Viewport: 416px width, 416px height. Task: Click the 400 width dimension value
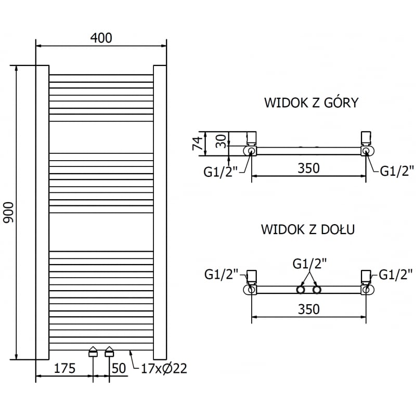coord(101,37)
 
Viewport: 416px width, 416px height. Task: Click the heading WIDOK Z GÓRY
coord(311,102)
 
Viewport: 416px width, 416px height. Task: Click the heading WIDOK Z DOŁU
coord(308,229)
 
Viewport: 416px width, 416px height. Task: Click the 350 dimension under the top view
coord(308,168)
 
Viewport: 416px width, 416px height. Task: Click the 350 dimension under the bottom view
coord(308,309)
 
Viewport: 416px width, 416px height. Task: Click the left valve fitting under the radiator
coord(93,352)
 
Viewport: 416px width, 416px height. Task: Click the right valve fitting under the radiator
coord(109,352)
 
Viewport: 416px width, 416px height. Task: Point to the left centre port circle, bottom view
coord(301,290)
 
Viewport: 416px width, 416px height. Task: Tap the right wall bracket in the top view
coord(367,137)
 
